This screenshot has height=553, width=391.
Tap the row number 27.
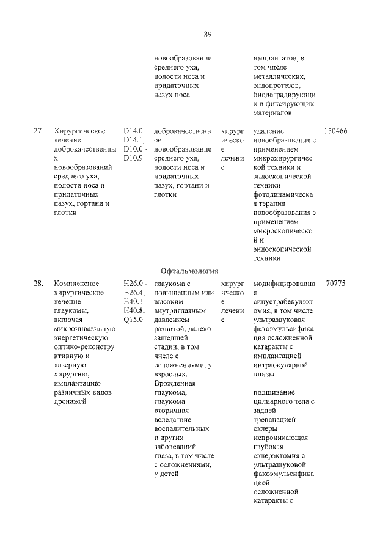pyautogui.click(x=38, y=131)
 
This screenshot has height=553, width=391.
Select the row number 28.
pyautogui.click(x=38, y=284)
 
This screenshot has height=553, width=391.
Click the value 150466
pyautogui.click(x=335, y=131)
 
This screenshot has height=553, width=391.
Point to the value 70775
pyautogui.click(x=337, y=284)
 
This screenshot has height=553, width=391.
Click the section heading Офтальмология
pyautogui.click(x=189, y=271)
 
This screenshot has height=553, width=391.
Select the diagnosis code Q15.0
pyautogui.click(x=133, y=320)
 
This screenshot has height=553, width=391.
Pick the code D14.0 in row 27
pyautogui.click(x=133, y=131)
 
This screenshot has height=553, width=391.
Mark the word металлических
pyautogui.click(x=280, y=76)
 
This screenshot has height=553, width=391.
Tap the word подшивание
pyautogui.click(x=274, y=392)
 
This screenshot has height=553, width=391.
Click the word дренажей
pyautogui.click(x=71, y=401)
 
